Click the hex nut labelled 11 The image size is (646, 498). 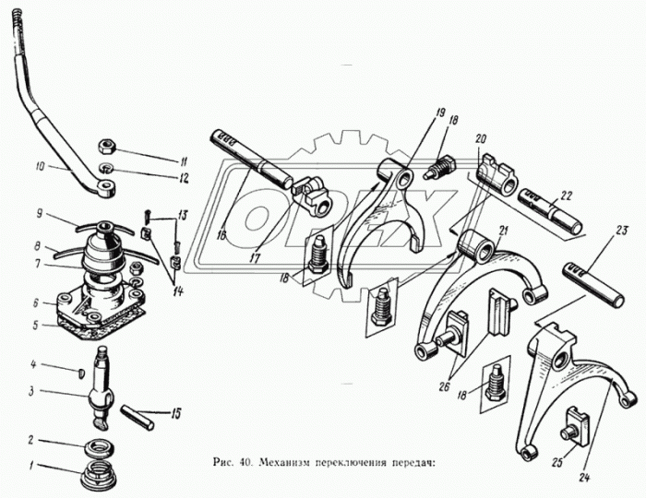[108, 146]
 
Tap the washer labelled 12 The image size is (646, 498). [108, 168]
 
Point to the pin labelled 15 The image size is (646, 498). [137, 418]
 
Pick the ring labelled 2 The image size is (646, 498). [100, 448]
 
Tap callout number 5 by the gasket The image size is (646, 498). [36, 326]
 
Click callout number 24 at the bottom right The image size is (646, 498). [585, 479]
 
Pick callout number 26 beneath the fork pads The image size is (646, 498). [444, 387]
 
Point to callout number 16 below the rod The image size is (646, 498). [221, 236]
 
